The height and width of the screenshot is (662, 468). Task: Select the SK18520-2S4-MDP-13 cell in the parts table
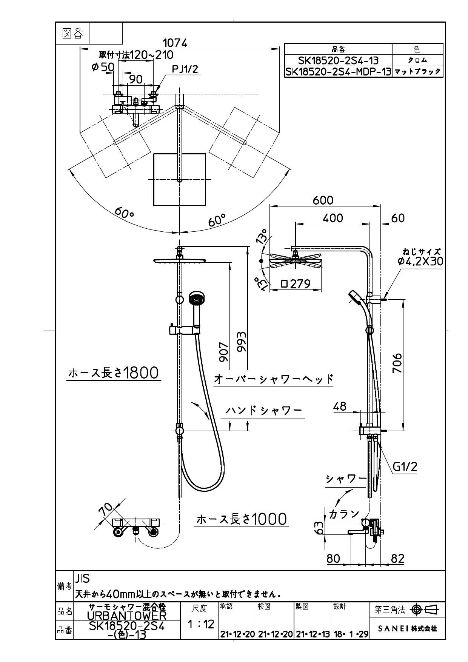click(338, 72)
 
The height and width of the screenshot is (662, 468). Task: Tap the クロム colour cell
click(417, 60)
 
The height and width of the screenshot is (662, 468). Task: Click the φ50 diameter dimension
click(103, 67)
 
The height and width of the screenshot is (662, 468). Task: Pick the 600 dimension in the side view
click(323, 200)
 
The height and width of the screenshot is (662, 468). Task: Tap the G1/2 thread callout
click(405, 467)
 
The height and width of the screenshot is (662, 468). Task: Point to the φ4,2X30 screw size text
click(420, 261)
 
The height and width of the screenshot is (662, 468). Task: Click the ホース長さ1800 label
click(113, 373)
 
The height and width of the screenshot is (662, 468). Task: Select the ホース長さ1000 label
click(242, 519)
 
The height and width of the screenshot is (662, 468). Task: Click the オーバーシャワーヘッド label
click(274, 379)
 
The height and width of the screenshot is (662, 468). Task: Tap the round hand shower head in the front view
click(197, 298)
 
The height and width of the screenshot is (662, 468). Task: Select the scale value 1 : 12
click(201, 624)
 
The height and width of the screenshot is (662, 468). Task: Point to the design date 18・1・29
click(351, 634)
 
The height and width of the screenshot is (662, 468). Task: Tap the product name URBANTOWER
click(126, 616)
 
